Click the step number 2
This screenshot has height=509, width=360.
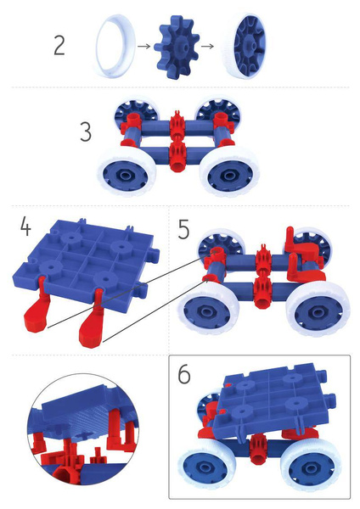59,45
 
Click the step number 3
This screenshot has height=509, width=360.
86,133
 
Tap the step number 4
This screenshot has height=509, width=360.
25,228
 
